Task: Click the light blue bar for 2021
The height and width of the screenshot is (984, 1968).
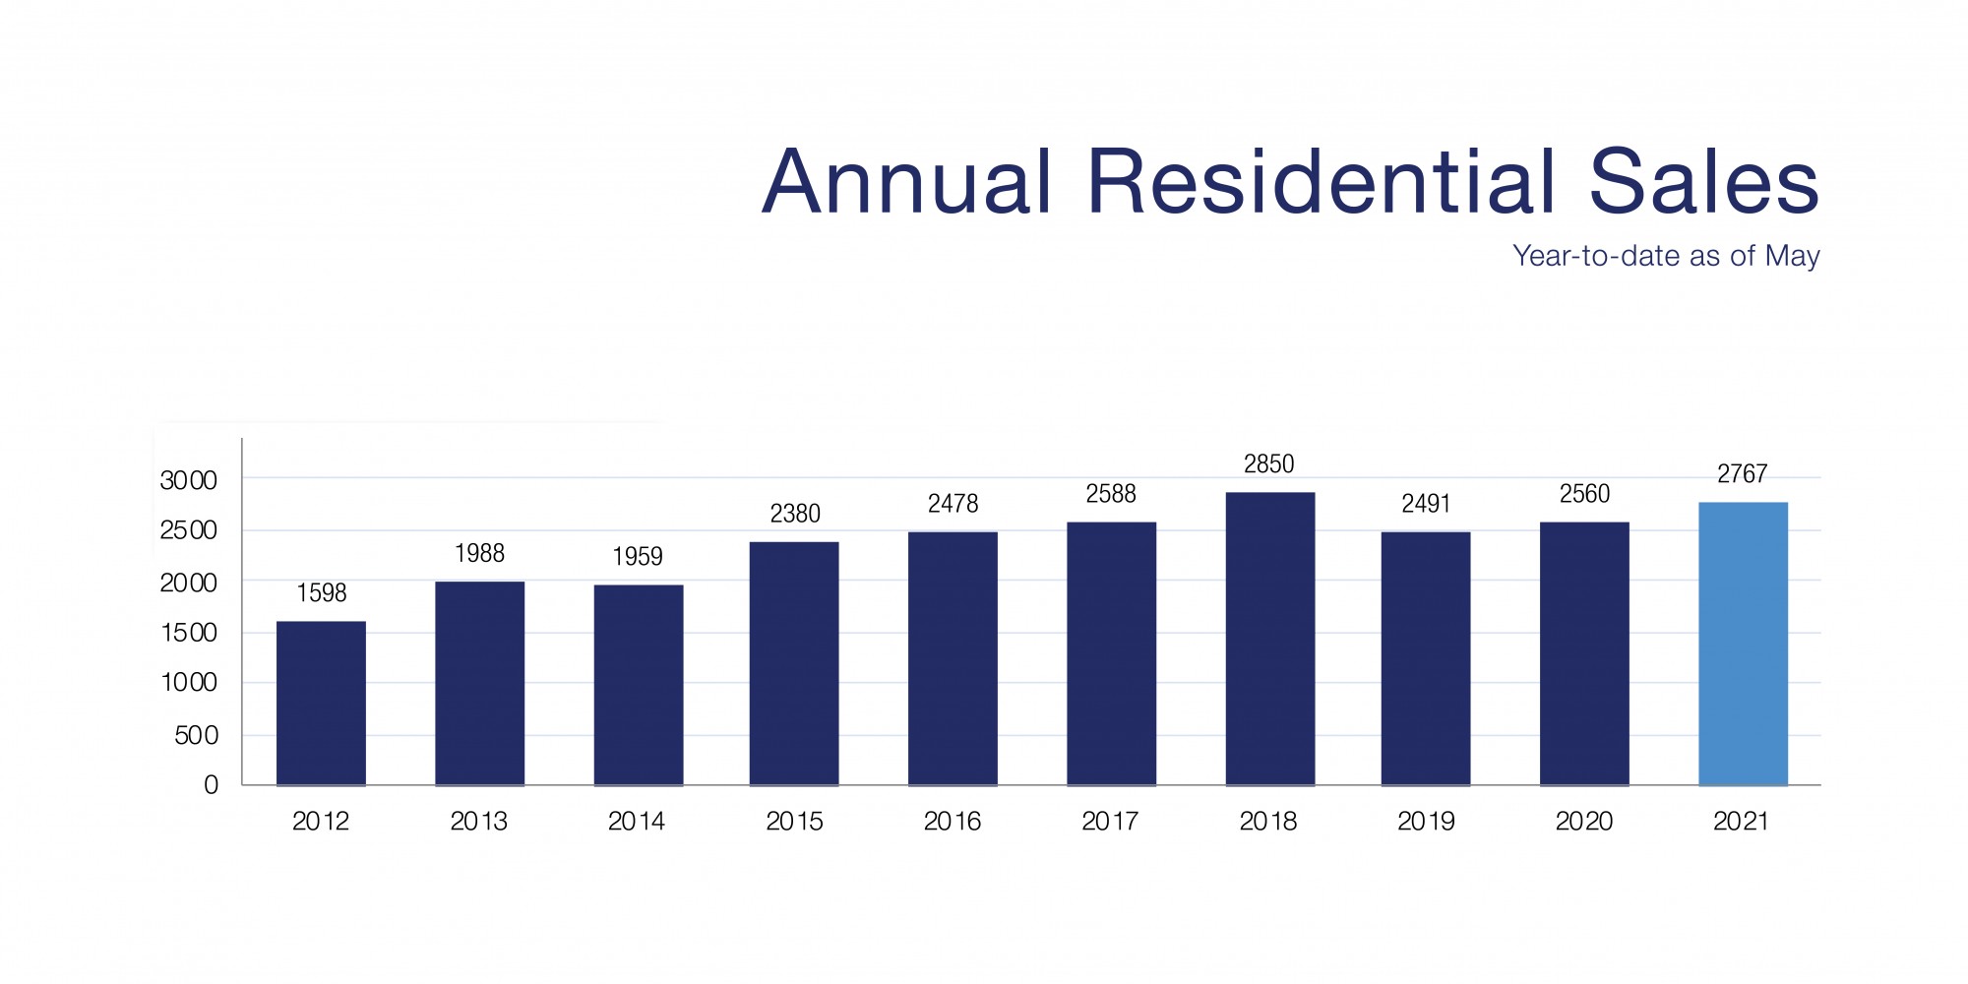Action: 1743,644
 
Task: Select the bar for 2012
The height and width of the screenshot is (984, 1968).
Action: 321,703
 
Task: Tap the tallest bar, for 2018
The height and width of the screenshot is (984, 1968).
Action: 1269,639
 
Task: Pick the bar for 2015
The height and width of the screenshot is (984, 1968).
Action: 794,663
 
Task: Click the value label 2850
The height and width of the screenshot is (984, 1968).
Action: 1269,464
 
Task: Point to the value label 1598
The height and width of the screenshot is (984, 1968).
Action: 322,593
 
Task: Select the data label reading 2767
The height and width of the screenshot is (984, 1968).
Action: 1743,474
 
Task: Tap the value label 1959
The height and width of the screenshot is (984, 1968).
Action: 638,557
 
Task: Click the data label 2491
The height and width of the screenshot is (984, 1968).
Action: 1426,504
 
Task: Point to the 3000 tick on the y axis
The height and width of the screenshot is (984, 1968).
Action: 188,480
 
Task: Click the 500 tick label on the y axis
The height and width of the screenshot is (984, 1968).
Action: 196,735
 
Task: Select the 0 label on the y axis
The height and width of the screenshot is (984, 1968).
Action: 211,785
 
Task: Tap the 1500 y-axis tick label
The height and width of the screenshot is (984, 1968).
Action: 188,633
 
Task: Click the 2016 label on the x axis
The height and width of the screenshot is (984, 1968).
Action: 953,822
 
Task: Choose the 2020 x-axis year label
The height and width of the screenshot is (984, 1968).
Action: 1584,822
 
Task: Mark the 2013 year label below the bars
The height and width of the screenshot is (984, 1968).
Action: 479,822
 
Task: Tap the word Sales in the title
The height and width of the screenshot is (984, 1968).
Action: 1703,182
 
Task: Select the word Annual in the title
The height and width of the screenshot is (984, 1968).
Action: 907,182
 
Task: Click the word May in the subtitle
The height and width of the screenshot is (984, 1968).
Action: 1792,257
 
